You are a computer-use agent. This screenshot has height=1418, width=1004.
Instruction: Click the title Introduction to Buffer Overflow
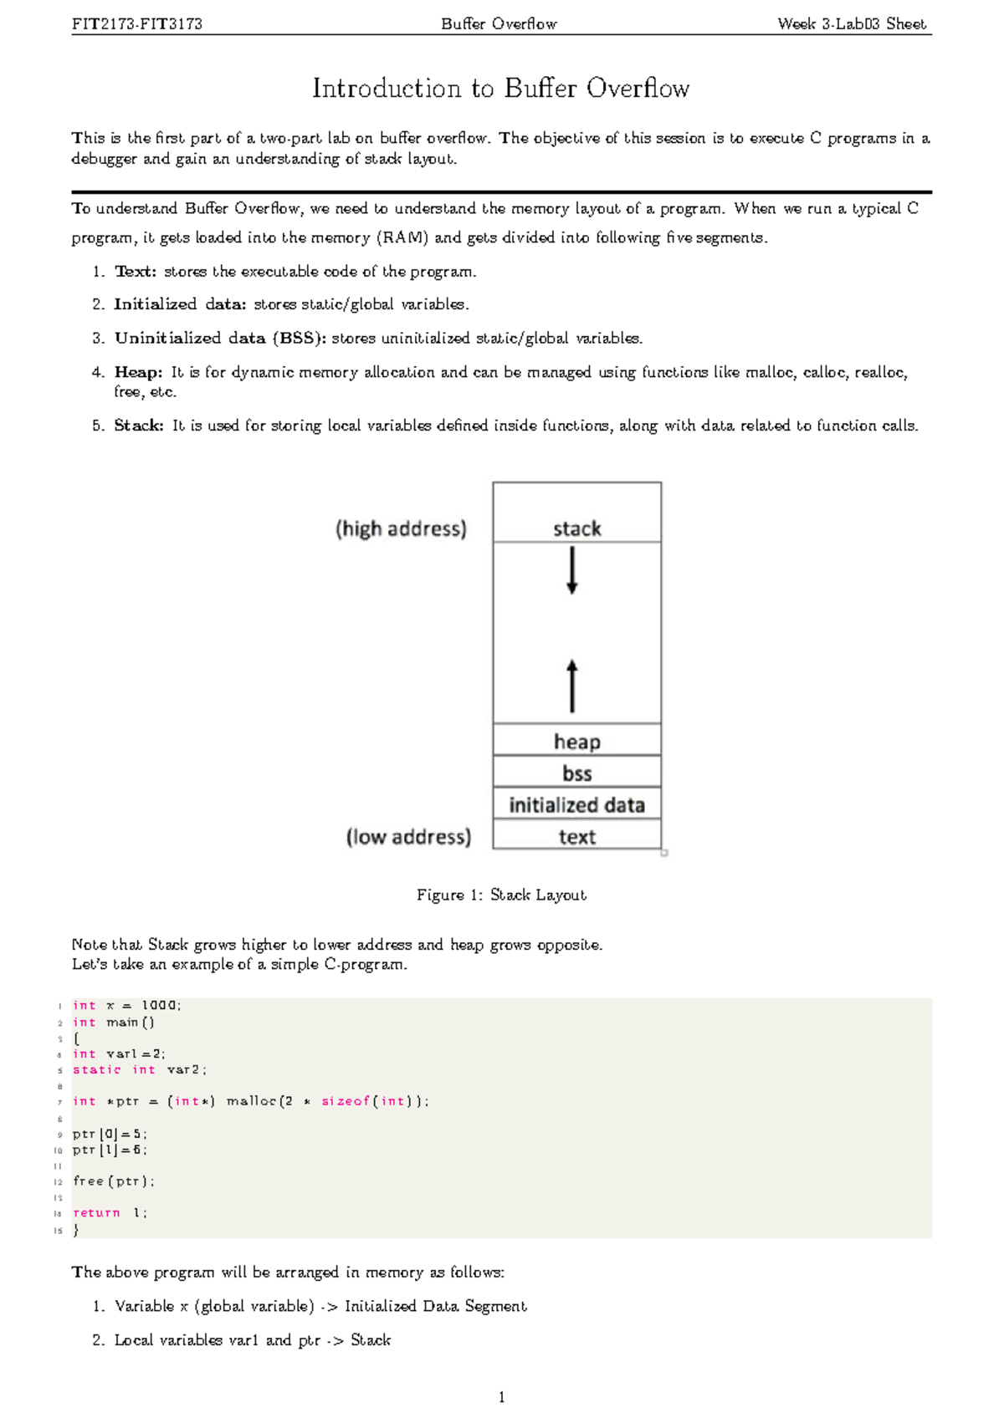click(x=500, y=89)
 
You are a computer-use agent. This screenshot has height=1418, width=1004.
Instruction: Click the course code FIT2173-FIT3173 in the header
click(x=137, y=24)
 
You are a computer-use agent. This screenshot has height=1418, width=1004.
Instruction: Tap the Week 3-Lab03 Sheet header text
click(x=851, y=24)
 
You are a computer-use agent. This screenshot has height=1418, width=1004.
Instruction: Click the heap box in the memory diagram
click(x=576, y=741)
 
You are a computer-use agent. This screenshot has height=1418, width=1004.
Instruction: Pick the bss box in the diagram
click(x=576, y=773)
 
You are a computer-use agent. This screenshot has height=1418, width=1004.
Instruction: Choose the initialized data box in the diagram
click(x=576, y=804)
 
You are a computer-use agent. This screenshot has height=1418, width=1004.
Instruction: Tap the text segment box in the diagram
click(x=576, y=836)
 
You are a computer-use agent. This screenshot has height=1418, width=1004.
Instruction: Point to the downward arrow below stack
click(x=572, y=570)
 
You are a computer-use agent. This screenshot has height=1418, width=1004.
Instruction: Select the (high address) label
click(x=401, y=528)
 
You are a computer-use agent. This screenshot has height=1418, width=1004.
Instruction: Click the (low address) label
click(x=408, y=837)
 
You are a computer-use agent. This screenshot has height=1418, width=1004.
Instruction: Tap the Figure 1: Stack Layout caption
click(x=501, y=895)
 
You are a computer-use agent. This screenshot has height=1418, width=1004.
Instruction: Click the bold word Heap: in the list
click(x=138, y=372)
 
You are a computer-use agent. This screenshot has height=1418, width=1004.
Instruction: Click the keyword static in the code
click(x=96, y=1069)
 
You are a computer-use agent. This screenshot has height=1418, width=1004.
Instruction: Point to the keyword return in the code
click(x=96, y=1212)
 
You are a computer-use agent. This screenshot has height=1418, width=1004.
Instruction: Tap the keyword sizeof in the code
click(x=345, y=1101)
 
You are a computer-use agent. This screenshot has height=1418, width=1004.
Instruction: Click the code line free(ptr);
click(x=113, y=1181)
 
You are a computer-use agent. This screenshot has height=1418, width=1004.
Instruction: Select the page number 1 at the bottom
click(x=501, y=1397)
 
